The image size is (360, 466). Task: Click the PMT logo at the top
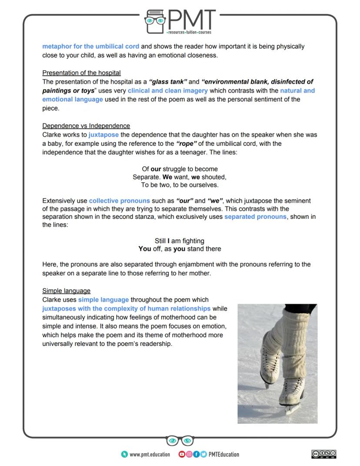180,21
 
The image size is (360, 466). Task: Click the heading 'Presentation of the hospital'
81,73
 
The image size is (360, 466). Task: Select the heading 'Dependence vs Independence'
86,126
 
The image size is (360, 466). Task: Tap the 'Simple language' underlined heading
66,291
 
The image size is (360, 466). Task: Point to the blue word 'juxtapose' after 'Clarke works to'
103,134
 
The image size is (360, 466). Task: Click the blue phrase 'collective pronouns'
120,201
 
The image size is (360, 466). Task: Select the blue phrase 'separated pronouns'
255,216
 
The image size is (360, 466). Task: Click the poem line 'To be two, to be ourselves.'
180,185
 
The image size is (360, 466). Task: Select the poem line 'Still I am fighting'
180,241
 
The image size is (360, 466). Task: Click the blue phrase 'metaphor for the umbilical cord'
91,46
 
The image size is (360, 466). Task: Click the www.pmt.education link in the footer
150,454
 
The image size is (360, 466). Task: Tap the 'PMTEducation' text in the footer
224,454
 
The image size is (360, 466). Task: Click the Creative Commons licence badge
324,454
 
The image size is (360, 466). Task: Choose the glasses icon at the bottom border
180,441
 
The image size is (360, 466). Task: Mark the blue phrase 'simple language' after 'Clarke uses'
103,299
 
